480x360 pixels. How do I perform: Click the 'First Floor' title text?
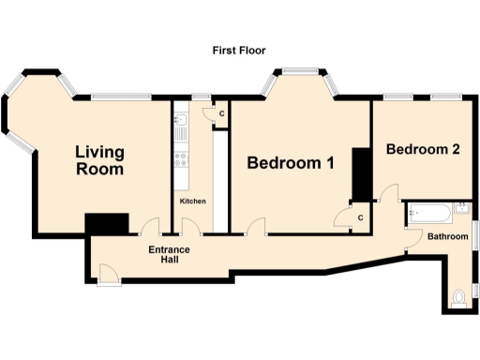click(x=240, y=50)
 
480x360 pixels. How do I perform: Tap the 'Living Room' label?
click(x=98, y=159)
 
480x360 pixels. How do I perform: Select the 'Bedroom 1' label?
click(x=291, y=163)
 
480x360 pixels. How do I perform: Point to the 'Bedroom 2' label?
click(x=422, y=149)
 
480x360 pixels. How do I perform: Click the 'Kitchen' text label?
click(x=193, y=202)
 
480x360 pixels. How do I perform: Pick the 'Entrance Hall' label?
click(x=170, y=255)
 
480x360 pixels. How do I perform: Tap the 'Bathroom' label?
click(x=447, y=236)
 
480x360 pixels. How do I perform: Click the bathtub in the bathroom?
click(x=428, y=213)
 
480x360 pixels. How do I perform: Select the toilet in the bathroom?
click(x=457, y=299)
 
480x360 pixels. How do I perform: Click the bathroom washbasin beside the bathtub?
click(x=462, y=210)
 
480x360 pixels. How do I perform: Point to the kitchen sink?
click(x=179, y=124)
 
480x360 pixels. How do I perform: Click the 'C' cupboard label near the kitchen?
click(x=220, y=113)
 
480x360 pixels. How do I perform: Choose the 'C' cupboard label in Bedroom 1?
click(x=359, y=217)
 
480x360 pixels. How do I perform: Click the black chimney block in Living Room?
click(x=107, y=225)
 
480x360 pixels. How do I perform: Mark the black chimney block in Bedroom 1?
click(x=361, y=173)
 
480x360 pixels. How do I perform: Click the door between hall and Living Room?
click(x=150, y=228)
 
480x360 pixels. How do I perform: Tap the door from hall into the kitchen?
click(x=190, y=227)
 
